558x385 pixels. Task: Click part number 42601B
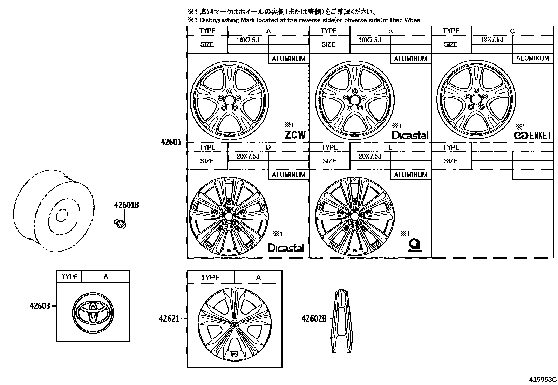pyautogui.click(x=126, y=205)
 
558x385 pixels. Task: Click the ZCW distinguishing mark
pyautogui.click(x=295, y=135)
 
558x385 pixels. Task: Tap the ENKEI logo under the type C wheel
pyautogui.click(x=532, y=136)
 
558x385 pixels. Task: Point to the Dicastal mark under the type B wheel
pyautogui.click(x=410, y=135)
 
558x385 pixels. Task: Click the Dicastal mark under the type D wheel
pyautogui.click(x=286, y=248)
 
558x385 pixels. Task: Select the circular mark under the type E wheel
pyautogui.click(x=415, y=245)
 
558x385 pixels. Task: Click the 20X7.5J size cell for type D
pyautogui.click(x=248, y=156)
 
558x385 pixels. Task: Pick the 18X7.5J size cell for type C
pyautogui.click(x=492, y=40)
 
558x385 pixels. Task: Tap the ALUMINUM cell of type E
pyautogui.click(x=410, y=174)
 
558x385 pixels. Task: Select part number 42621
pyautogui.click(x=169, y=319)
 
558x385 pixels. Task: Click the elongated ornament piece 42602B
pyautogui.click(x=341, y=320)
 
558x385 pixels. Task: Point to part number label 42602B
pyautogui.click(x=314, y=318)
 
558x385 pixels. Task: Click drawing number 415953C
pyautogui.click(x=543, y=379)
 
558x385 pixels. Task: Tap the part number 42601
pyautogui.click(x=171, y=142)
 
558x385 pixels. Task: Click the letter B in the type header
pyautogui.click(x=390, y=31)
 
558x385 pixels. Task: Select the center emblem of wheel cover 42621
pyautogui.click(x=234, y=324)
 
